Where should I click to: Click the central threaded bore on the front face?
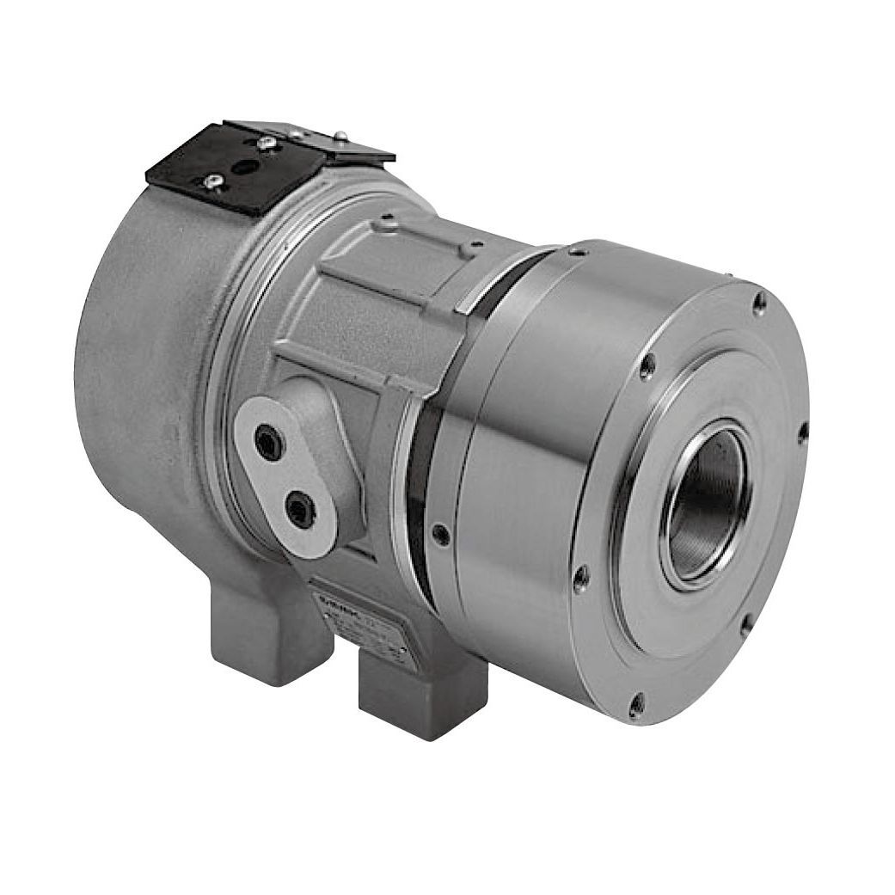[x=704, y=503]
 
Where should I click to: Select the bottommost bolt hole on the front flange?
[x=635, y=708]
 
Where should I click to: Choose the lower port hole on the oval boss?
[x=301, y=509]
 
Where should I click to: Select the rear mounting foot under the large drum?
[x=258, y=636]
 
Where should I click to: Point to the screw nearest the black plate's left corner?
[x=212, y=180]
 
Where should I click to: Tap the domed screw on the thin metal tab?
[x=339, y=135]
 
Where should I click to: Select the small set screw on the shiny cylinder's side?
[x=439, y=534]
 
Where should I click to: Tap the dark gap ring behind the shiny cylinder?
[x=420, y=481]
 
